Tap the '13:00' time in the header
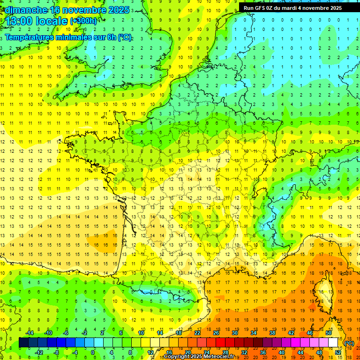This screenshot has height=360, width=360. coord(20,21)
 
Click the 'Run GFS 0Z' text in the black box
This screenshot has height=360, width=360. coord(259,8)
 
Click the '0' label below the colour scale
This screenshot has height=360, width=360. coord(92,352)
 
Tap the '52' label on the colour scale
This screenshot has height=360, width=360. coord(338,352)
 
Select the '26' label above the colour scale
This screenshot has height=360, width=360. coord(216,333)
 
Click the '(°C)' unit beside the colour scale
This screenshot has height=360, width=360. coord(349,343)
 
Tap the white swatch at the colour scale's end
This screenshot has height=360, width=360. coord(333,343)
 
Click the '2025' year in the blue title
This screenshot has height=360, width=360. coord(119,9)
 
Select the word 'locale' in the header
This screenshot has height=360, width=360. coord(53,21)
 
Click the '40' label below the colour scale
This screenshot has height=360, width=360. coord(281,352)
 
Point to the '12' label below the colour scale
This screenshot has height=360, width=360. coord(150,352)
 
